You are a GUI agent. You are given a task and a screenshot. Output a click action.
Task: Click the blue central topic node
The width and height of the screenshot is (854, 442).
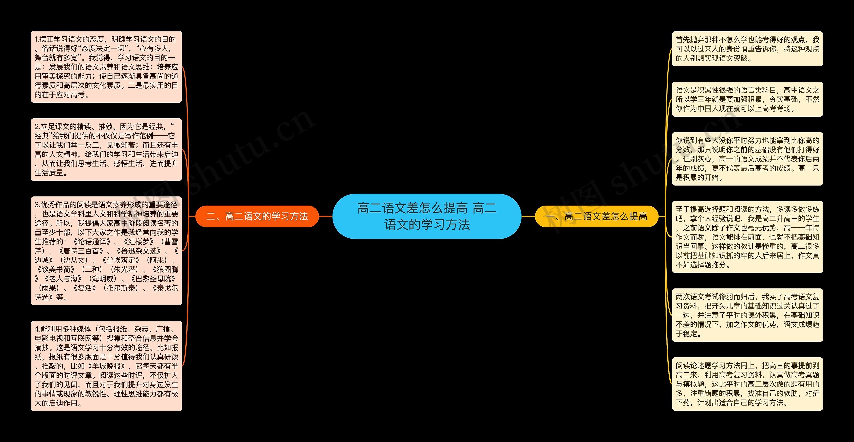427,216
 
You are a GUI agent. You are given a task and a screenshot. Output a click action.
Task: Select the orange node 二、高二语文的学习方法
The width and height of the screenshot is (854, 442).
257,216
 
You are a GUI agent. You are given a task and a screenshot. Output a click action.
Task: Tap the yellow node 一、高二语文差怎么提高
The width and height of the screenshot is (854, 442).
596,216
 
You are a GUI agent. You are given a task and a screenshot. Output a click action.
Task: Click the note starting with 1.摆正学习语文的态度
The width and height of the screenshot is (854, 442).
106,67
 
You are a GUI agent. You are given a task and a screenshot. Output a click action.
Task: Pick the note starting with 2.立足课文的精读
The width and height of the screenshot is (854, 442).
106,149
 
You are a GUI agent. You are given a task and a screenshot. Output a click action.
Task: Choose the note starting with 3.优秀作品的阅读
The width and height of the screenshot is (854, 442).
106,251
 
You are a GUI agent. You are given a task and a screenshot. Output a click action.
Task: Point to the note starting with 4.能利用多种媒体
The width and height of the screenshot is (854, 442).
106,366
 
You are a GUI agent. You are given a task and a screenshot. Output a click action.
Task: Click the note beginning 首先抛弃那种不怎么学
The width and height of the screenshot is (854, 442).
747,49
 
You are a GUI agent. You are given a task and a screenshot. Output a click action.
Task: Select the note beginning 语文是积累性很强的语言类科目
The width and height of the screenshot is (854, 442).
747,99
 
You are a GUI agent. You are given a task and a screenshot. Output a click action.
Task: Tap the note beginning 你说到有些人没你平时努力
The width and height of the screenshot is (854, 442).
747,159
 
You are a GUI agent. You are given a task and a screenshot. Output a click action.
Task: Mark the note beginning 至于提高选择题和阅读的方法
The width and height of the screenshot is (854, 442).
747,237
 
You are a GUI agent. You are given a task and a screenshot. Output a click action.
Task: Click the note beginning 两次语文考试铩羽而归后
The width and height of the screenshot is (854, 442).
747,315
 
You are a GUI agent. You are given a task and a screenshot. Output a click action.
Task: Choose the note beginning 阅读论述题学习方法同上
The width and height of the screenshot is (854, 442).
747,384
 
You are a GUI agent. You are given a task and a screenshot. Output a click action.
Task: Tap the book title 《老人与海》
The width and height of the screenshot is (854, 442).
63,279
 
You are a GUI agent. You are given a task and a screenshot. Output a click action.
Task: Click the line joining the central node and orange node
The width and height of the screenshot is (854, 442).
326,216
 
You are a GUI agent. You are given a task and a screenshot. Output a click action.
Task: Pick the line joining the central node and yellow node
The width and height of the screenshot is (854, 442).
528,216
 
